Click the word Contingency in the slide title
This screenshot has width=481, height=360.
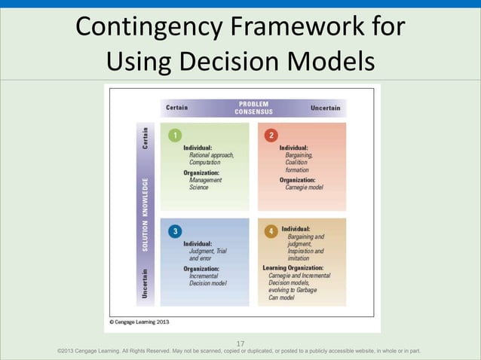[144, 29]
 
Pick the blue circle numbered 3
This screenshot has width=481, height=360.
[175, 230]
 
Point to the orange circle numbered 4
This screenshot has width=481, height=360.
[271, 230]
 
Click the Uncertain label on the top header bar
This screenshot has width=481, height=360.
[325, 108]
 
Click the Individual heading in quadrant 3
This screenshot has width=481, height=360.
[198, 243]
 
